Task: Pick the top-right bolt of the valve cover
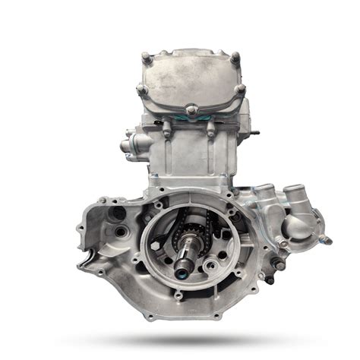235,58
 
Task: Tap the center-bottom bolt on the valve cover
192,111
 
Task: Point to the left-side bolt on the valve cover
142,90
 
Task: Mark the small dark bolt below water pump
270,279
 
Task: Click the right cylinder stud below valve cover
210,129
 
